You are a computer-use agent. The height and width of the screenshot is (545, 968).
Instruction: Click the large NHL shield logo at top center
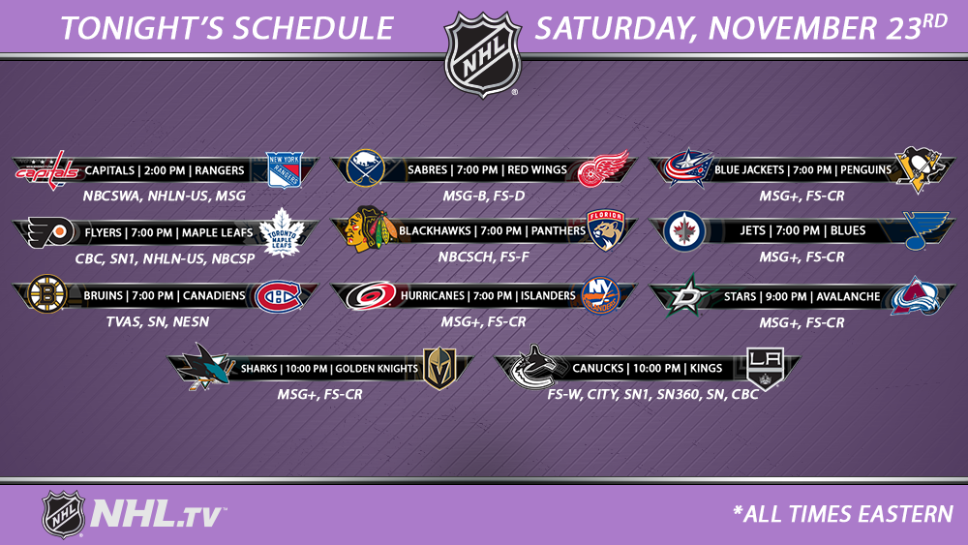pyautogui.click(x=483, y=54)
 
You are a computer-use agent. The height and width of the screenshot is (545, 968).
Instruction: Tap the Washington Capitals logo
pyautogui.click(x=47, y=170)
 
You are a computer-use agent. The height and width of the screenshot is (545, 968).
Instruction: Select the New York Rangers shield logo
pyautogui.click(x=284, y=169)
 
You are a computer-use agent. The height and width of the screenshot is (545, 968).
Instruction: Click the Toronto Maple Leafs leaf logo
pyautogui.click(x=282, y=232)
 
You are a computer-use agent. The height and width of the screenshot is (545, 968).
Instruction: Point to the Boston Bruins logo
pyautogui.click(x=47, y=293)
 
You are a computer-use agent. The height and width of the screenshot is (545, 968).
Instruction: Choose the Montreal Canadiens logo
pyautogui.click(x=279, y=296)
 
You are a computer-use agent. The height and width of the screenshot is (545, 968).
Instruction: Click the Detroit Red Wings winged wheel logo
pyautogui.click(x=602, y=167)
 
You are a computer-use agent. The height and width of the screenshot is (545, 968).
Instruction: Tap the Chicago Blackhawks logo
pyautogui.click(x=369, y=228)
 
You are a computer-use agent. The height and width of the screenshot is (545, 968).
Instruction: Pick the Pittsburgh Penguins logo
pyautogui.click(x=921, y=169)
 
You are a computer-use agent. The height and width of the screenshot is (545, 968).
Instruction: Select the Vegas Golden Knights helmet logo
pyautogui.click(x=439, y=369)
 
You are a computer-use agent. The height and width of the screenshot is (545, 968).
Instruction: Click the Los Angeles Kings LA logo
pyautogui.click(x=765, y=369)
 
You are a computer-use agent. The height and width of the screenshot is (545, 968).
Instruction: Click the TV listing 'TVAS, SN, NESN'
pyautogui.click(x=158, y=321)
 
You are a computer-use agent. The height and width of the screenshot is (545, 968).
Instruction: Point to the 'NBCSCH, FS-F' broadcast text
pyautogui.click(x=483, y=257)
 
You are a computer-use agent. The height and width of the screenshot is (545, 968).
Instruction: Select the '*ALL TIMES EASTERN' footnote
pyautogui.click(x=843, y=514)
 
